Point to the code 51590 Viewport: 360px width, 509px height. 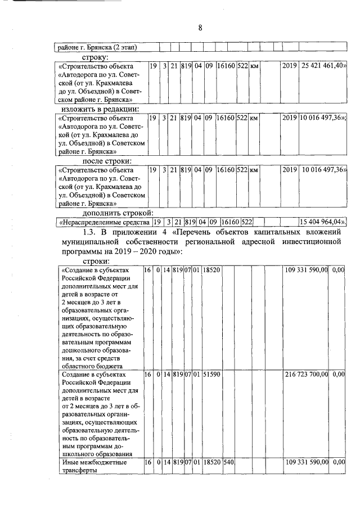(211, 373)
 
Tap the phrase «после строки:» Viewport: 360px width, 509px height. (107, 161)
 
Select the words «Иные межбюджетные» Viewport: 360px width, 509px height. (93, 462)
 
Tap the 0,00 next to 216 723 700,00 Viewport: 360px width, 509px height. (338, 373)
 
